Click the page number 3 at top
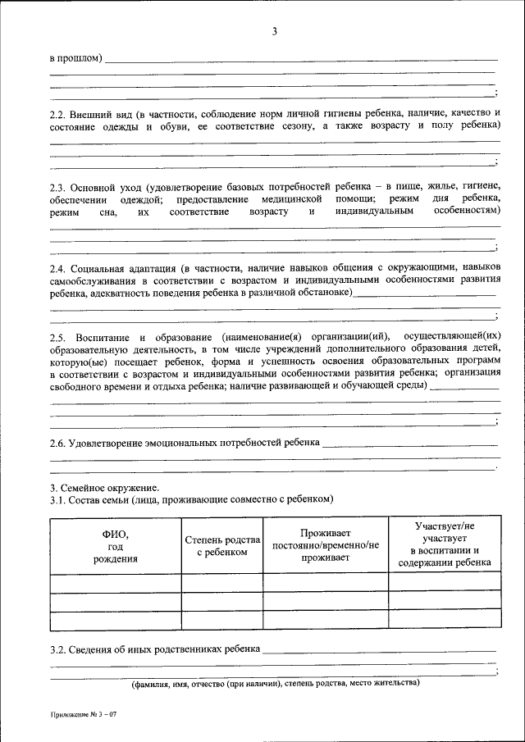pyautogui.click(x=275, y=32)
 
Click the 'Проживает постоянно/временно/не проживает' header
pyautogui.click(x=326, y=545)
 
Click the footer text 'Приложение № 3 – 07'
pyautogui.click(x=84, y=716)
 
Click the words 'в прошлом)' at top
pyautogui.click(x=76, y=58)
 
